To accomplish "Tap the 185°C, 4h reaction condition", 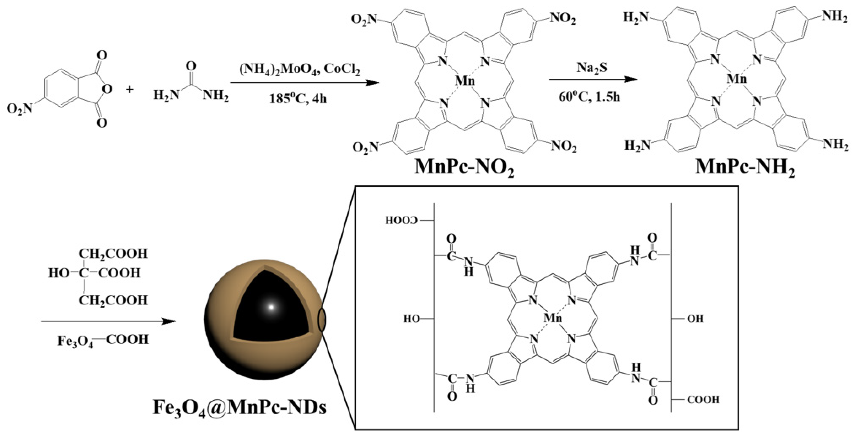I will pyautogui.click(x=298, y=99).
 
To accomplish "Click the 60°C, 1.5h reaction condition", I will pyautogui.click(x=589, y=97).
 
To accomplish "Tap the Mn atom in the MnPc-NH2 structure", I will pyautogui.click(x=736, y=79).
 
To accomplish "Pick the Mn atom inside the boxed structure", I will pyautogui.click(x=553, y=318).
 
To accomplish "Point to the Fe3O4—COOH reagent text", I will pyautogui.click(x=103, y=340).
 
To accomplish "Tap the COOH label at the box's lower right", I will pyautogui.click(x=703, y=399).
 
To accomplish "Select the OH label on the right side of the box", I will pyautogui.click(x=695, y=319).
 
